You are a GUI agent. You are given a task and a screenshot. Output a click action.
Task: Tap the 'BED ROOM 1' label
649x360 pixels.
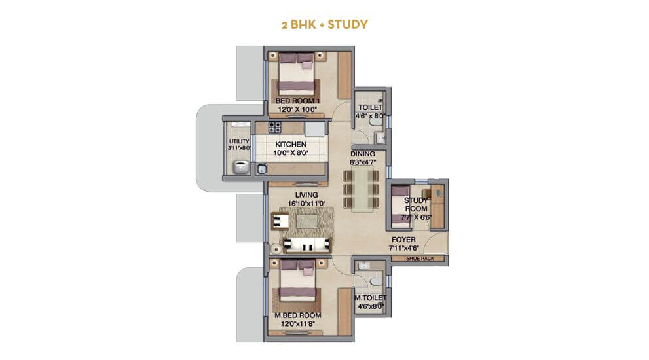[297, 100]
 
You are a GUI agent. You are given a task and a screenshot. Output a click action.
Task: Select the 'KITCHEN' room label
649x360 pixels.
[291, 143]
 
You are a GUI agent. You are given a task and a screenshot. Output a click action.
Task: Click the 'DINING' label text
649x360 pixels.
[363, 154]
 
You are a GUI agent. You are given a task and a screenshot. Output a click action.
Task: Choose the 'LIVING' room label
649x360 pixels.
[306, 195]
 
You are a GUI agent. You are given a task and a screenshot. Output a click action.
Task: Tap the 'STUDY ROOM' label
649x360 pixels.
[416, 204]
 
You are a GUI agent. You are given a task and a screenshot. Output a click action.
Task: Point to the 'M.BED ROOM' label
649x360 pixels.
[297, 314]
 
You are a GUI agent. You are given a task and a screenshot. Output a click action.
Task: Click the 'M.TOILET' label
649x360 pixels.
[369, 298]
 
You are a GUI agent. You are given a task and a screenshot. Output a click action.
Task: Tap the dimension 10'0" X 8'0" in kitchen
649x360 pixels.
[291, 153]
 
